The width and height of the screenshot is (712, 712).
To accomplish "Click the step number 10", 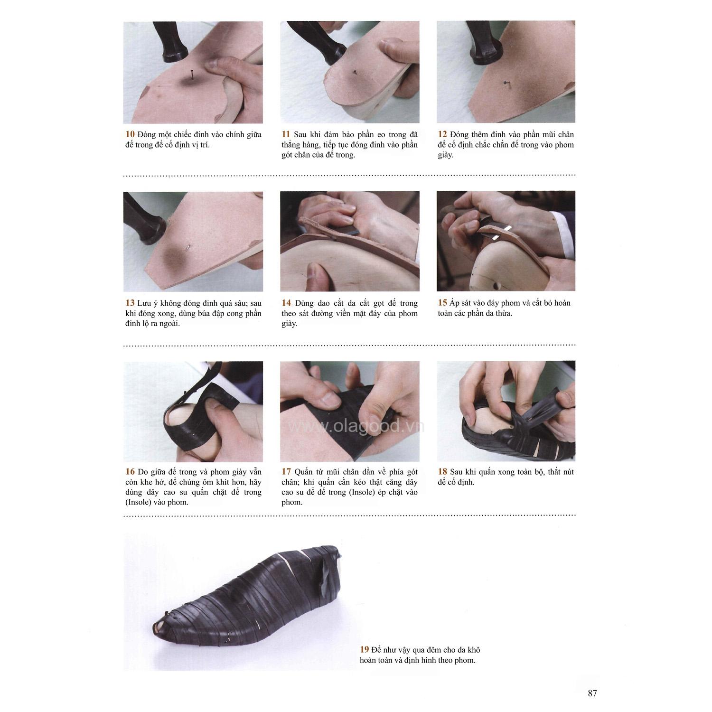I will (x=130, y=135).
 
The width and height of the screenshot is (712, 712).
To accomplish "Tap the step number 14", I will (x=286, y=303).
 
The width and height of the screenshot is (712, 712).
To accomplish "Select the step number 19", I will (x=365, y=650).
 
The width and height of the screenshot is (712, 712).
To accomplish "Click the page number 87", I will (x=592, y=693).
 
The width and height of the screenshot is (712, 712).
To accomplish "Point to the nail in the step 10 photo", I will (x=191, y=75).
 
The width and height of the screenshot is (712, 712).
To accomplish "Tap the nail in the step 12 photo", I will (x=504, y=84).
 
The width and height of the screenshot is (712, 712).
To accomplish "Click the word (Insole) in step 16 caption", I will (x=139, y=502).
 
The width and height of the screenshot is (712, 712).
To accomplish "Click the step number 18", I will (x=442, y=472).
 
